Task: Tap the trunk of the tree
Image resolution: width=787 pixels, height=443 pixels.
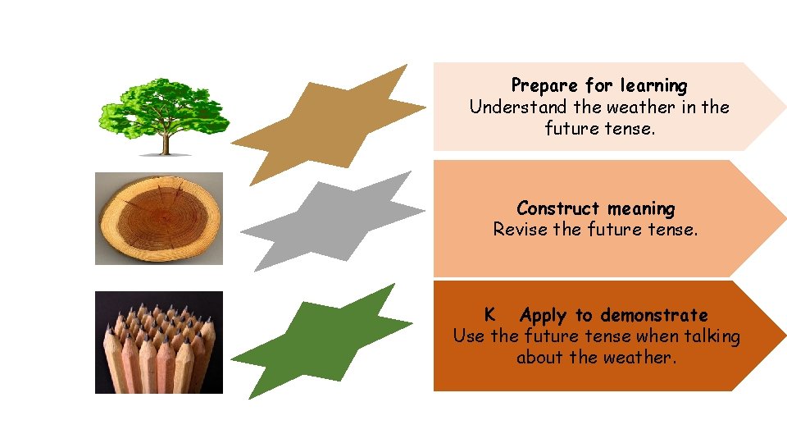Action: click(x=166, y=144)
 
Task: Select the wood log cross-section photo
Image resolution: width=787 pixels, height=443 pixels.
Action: click(x=159, y=218)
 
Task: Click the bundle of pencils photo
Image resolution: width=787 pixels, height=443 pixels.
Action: click(x=159, y=342)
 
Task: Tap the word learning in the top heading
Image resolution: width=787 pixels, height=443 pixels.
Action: click(x=653, y=85)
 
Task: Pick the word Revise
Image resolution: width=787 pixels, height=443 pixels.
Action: click(x=520, y=230)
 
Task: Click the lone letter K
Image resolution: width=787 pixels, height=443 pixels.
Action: click(x=489, y=314)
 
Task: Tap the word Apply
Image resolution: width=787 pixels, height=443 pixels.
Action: click(x=544, y=315)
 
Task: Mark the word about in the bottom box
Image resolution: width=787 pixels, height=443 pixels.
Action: click(x=540, y=358)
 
